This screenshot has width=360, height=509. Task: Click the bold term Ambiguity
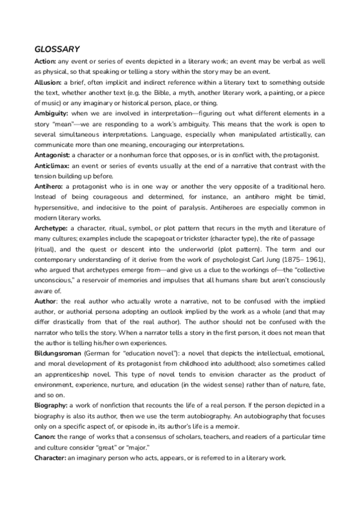50,113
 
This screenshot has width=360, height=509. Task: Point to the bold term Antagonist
52,154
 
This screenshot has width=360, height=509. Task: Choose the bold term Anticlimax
52,165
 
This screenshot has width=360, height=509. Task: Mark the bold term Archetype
51,227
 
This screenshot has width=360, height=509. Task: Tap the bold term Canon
45,446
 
